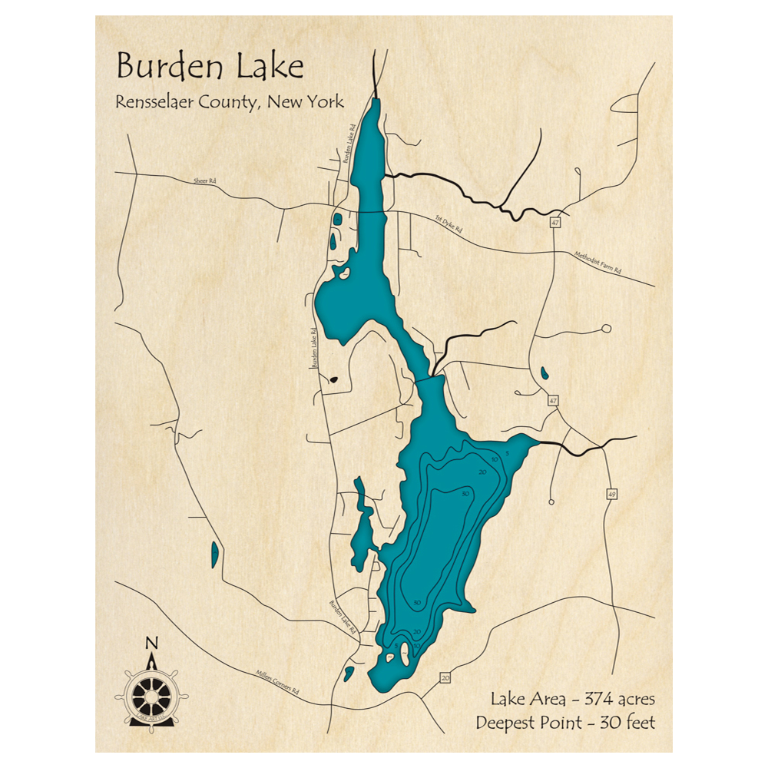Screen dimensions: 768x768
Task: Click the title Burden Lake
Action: [210, 67]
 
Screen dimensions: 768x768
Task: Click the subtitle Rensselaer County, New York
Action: [230, 101]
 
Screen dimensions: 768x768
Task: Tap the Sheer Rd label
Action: [204, 181]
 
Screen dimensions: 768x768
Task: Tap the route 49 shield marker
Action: [611, 493]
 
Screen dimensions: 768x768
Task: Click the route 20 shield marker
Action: [445, 677]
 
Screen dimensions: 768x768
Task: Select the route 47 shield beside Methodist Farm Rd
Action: [554, 223]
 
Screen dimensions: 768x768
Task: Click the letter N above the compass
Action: [152, 643]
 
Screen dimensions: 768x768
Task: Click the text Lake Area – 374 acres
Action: [572, 699]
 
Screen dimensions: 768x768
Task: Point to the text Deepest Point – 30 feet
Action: [564, 723]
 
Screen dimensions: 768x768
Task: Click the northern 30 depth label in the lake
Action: [465, 493]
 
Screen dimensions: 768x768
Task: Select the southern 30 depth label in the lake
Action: [416, 603]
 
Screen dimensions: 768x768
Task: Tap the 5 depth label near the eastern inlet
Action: [508, 453]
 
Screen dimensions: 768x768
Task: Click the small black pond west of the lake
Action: [334, 378]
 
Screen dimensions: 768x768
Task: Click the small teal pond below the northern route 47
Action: [544, 374]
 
